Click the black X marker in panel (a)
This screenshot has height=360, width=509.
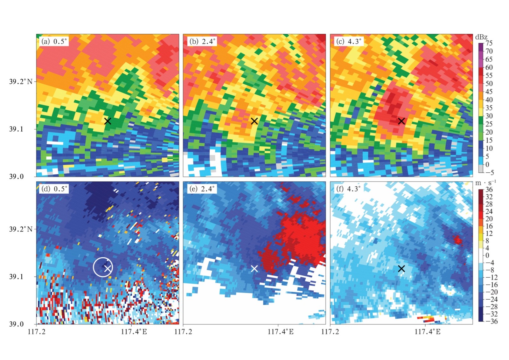(108, 121)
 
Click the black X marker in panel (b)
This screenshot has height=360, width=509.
(254, 121)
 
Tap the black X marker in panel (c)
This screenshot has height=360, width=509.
(401, 121)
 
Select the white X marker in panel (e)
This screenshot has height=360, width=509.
(254, 269)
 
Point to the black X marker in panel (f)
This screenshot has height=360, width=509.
(401, 269)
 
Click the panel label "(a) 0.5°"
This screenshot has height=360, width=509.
(54, 41)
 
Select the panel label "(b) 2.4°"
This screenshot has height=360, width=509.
(202, 41)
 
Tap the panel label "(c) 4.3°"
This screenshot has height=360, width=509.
(349, 41)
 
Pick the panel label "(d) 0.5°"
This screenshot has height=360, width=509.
(54, 189)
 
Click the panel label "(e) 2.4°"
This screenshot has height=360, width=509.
(202, 189)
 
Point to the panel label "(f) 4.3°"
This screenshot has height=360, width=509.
(349, 189)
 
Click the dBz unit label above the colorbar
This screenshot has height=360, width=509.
(481, 37)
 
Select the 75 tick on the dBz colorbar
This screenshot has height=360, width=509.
(489, 43)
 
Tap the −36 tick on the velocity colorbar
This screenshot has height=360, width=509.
(492, 321)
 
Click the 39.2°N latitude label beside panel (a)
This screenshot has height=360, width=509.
(21, 81)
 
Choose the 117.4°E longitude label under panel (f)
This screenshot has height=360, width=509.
(427, 332)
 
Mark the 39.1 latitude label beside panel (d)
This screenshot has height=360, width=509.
(16, 277)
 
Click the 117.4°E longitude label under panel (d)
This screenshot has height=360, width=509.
(134, 332)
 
